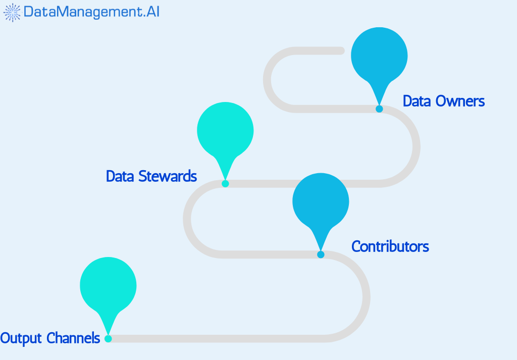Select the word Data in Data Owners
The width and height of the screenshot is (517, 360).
pos(416,101)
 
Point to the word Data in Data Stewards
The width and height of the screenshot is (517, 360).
pos(120,176)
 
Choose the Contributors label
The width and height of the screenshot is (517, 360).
pos(390,246)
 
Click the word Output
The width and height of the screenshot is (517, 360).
pos(21,338)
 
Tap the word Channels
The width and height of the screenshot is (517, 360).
pos(74,338)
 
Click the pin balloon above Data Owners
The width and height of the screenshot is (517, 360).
pos(379,54)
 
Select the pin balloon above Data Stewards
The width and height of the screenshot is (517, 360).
pos(225,129)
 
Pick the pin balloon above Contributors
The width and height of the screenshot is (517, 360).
pos(321,200)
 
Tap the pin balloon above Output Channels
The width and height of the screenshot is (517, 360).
pos(108,285)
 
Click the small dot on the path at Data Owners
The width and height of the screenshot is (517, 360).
pos(379,109)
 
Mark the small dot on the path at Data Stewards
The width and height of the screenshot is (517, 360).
pos(225,183)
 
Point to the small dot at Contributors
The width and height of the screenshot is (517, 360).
pos(321,254)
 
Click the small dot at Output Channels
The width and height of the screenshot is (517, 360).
pos(108,339)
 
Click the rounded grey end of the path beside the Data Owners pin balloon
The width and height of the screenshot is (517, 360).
pos(341,50)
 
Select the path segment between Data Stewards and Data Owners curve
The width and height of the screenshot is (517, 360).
pos(303,183)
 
